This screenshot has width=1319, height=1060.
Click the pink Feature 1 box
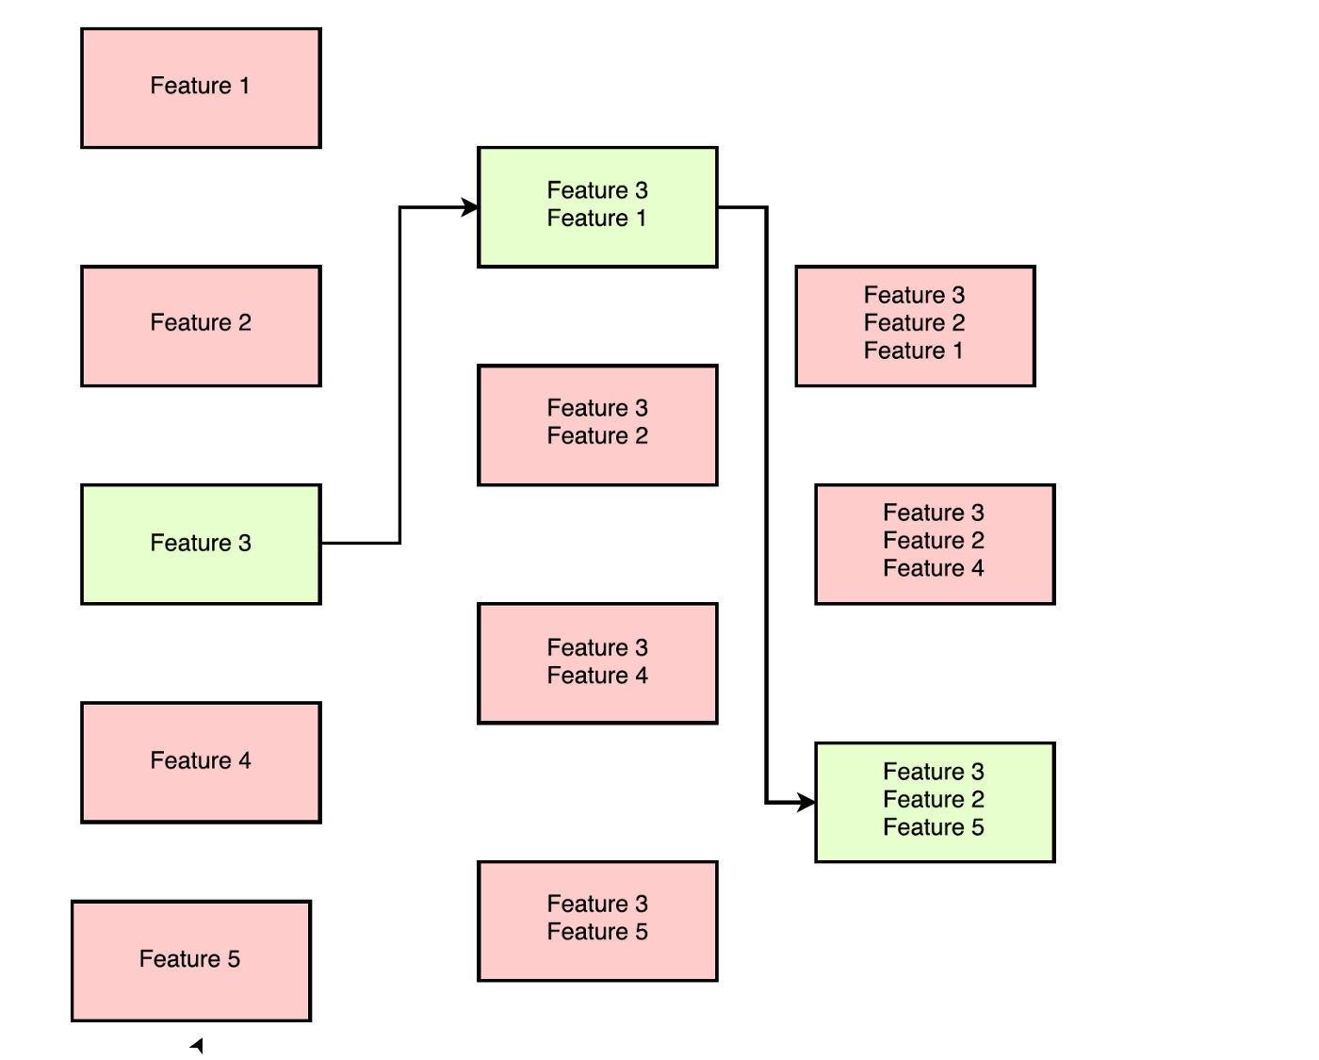pyautogui.click(x=201, y=88)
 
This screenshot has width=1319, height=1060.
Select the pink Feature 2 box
pyautogui.click(x=201, y=325)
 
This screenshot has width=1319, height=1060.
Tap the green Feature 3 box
pyautogui.click(x=201, y=544)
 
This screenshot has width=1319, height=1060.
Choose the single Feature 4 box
pyautogui.click(x=201, y=761)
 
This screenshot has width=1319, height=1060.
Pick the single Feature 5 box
pyautogui.click(x=191, y=960)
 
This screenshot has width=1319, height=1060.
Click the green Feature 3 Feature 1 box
pyautogui.click(x=597, y=206)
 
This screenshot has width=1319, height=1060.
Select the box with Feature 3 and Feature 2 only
pyautogui.click(x=597, y=424)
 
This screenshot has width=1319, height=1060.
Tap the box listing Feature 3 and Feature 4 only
pyautogui.click(x=597, y=662)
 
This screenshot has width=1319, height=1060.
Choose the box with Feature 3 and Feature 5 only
pyautogui.click(x=597, y=921)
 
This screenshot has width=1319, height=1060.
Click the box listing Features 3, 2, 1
pyautogui.click(x=915, y=325)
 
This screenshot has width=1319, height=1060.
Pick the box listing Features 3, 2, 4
pyautogui.click(x=935, y=544)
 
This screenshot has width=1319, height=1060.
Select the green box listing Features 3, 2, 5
pyautogui.click(x=935, y=802)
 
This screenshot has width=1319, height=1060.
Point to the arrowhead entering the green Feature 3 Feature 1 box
pyautogui.click(x=469, y=207)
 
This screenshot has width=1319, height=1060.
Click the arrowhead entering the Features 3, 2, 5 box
pyautogui.click(x=806, y=802)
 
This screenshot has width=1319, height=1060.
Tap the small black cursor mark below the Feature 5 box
pyautogui.click(x=197, y=1045)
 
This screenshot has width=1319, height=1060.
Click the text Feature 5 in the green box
pyautogui.click(x=933, y=827)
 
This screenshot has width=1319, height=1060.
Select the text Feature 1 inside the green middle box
pyautogui.click(x=596, y=219)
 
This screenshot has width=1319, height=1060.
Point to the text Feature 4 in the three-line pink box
pyautogui.click(x=933, y=568)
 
